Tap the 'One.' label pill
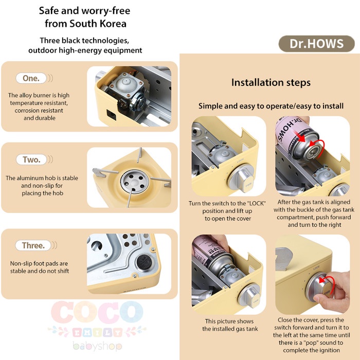point(31,78)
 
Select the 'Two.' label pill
point(31,159)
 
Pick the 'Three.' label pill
point(33,245)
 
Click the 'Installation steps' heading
point(271,83)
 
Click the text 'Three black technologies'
point(85,40)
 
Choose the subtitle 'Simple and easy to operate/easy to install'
point(271,106)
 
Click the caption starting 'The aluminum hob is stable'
point(42,185)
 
